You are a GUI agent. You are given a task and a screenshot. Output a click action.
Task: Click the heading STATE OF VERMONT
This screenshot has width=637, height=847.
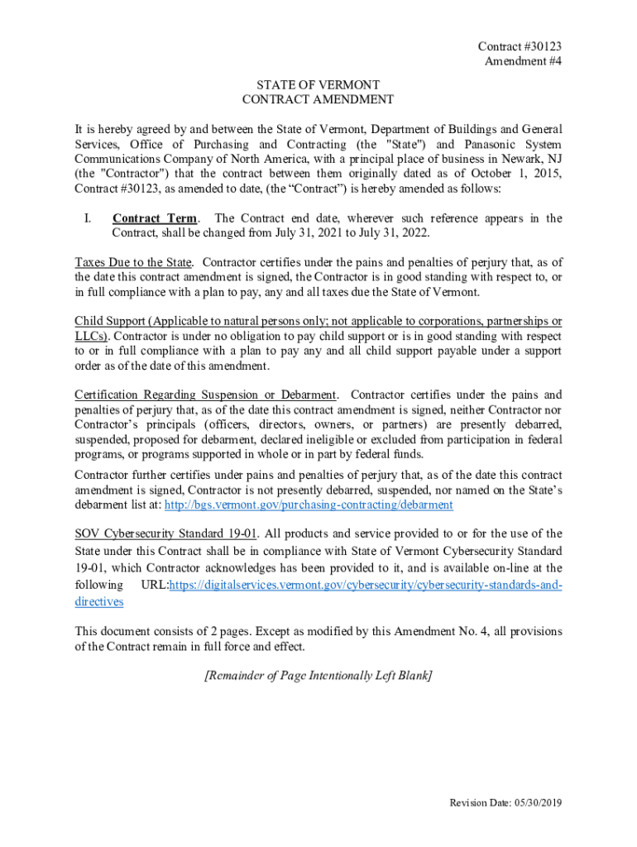pyautogui.click(x=318, y=85)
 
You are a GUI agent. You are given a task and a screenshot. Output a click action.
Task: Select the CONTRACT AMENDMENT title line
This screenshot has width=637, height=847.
pyautogui.click(x=318, y=99)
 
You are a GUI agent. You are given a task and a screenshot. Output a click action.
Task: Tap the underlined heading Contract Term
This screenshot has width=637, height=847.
pyautogui.click(x=155, y=218)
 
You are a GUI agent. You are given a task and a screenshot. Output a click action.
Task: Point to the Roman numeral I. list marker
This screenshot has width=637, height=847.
pyautogui.click(x=86, y=218)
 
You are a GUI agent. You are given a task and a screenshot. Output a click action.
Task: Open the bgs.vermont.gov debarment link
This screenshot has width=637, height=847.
pyautogui.click(x=297, y=505)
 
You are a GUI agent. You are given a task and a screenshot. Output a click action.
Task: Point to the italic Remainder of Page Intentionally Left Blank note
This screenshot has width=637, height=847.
pyautogui.click(x=318, y=676)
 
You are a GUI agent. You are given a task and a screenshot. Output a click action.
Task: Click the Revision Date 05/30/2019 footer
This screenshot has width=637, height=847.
pyautogui.click(x=505, y=803)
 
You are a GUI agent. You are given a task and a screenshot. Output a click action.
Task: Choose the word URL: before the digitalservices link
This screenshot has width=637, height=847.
pyautogui.click(x=156, y=586)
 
